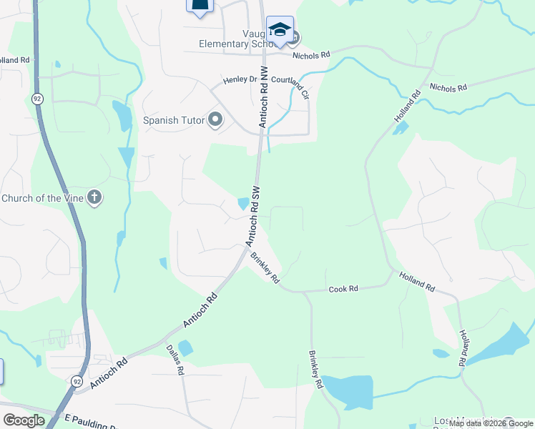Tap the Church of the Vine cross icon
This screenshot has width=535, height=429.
pos(94,198)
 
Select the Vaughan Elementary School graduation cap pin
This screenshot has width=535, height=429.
pos(280,30)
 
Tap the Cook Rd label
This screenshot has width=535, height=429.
pos(343,290)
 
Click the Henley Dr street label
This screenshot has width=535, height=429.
pos(239,80)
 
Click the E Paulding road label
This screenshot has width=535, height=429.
pos(90,418)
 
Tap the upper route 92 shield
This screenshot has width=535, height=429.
pos(36,97)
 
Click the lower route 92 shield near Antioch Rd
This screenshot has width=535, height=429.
pos(77,381)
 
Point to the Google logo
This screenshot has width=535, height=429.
pos(24,420)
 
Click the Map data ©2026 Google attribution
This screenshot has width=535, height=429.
pos(491,423)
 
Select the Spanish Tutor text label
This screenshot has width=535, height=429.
pos(174,120)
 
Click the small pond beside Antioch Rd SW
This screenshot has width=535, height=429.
pos(243,204)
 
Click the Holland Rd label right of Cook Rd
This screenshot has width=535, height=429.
pos(417,282)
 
